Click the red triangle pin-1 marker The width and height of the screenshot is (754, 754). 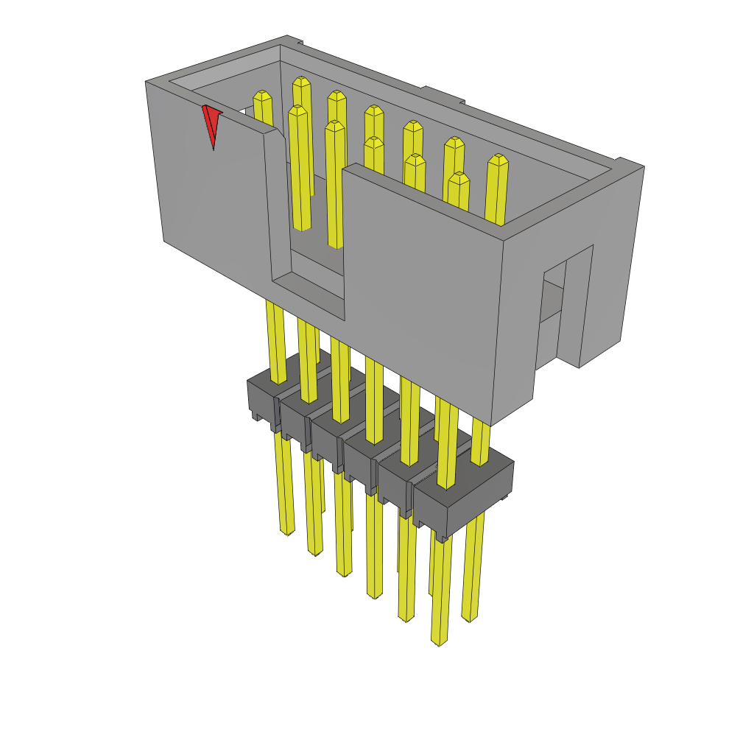click(211, 122)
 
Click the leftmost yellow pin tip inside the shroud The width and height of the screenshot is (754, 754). click(262, 96)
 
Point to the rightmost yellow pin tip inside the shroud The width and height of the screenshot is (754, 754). click(498, 159)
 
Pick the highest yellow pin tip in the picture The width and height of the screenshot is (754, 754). click(301, 80)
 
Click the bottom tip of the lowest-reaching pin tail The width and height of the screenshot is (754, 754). click(439, 642)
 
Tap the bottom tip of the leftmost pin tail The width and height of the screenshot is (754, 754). click(287, 532)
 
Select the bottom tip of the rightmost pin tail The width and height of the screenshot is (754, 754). click(469, 619)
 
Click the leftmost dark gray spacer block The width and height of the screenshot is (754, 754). click(262, 398)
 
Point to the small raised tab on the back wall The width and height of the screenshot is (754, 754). click(442, 94)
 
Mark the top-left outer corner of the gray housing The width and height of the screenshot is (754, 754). click(147, 82)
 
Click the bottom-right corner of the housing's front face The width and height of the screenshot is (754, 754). click(491, 425)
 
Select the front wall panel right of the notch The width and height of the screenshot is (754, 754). click(420, 287)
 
